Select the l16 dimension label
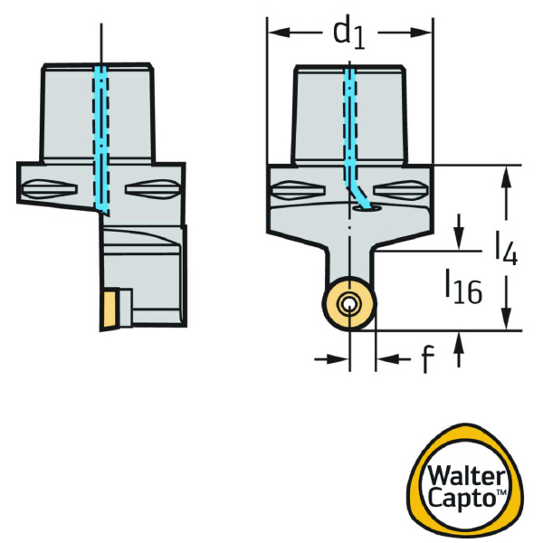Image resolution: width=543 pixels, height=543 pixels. pos(462,289)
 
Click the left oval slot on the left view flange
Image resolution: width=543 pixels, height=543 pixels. pos(40,190)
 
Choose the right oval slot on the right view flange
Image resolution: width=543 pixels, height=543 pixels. pos(404,191)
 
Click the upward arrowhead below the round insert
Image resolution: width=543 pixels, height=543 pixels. pos(462,342)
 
